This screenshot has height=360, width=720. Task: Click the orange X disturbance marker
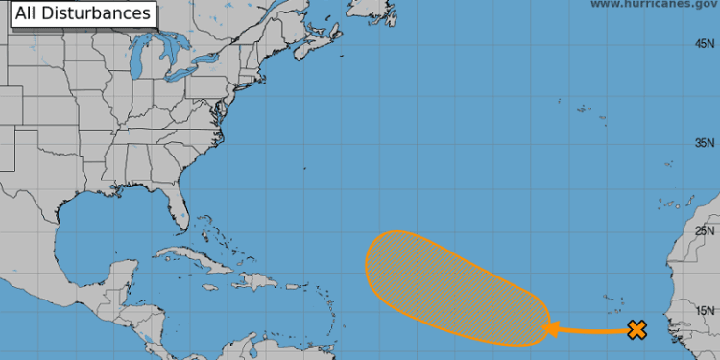coord(636,330)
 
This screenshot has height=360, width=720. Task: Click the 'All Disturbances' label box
coord(84,13)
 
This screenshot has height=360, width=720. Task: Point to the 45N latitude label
coord(706,44)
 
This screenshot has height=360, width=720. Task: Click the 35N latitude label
coord(706,144)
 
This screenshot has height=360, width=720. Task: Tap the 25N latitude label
coord(706,230)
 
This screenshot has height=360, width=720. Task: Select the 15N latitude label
coord(706,310)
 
